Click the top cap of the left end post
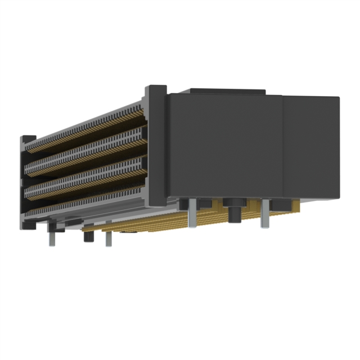pyautogui.click(x=28, y=138)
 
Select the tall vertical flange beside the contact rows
pyautogui.click(x=156, y=146)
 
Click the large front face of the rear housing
pyautogui.click(x=225, y=146)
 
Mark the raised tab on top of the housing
pyautogui.click(x=228, y=91)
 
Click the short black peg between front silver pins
pyautogui.click(x=88, y=236)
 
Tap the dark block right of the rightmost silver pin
pyautogui.click(x=279, y=206)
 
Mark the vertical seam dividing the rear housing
pyautogui.click(x=282, y=146)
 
